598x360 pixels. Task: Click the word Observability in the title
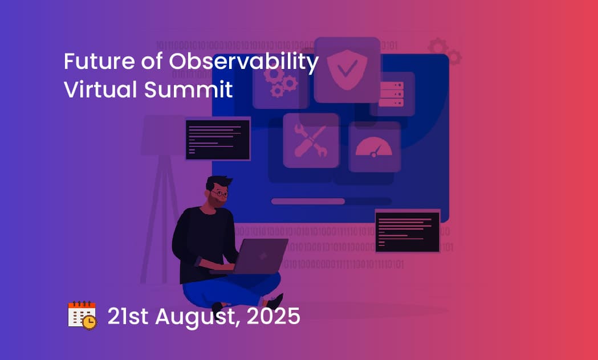point(243,62)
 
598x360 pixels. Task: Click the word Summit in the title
point(188,89)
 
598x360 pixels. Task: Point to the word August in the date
point(198,317)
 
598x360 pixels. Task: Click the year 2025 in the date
point(274,316)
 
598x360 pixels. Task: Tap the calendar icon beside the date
point(83,315)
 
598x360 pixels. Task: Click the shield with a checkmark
point(347,69)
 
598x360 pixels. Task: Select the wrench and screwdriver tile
point(311,141)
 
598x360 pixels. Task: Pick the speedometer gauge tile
point(374,146)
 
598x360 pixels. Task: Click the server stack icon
point(391,94)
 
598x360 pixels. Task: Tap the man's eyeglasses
point(221,194)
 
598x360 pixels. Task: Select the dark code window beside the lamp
point(218,140)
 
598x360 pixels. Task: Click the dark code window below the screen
point(407,232)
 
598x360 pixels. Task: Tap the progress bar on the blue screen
point(331,201)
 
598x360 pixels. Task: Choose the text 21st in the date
point(128,316)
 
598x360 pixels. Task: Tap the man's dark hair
point(218,182)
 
